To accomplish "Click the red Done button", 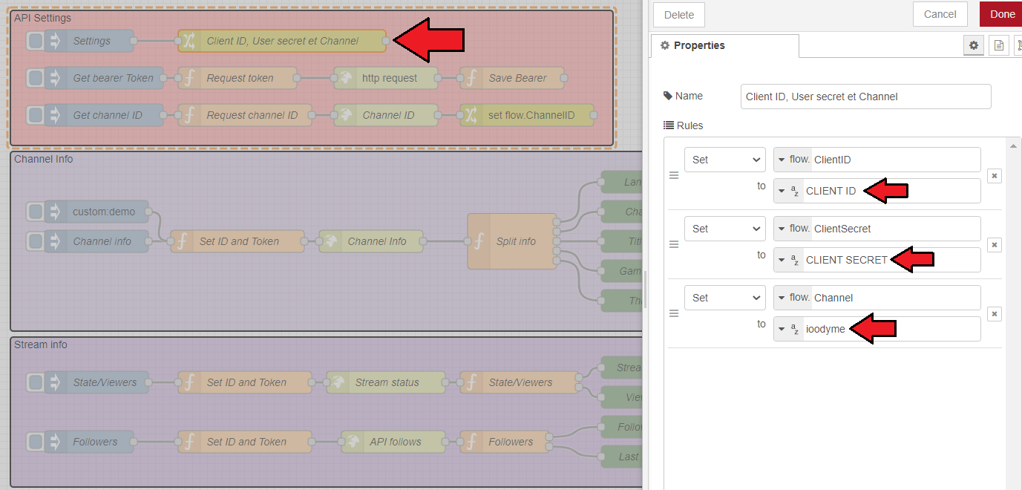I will (x=1002, y=14).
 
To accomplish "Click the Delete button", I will (x=678, y=15).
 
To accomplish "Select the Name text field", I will (x=865, y=97).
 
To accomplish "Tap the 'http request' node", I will (x=387, y=78).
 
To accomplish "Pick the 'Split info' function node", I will (x=513, y=241).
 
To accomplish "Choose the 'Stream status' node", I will (x=387, y=382).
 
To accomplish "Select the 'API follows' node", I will (x=394, y=442).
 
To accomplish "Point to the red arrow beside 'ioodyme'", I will (x=872, y=329).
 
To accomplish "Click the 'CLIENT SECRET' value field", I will (x=876, y=260).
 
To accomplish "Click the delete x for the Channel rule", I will (x=995, y=314).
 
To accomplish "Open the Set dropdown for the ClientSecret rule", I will (x=724, y=229).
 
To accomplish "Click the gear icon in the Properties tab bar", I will (x=974, y=45).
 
